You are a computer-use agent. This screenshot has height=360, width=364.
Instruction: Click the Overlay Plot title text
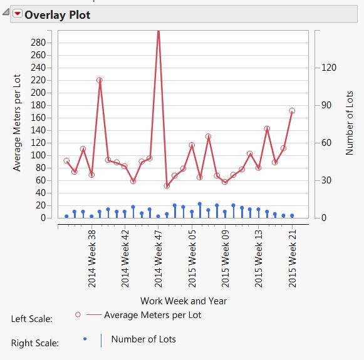[57, 15]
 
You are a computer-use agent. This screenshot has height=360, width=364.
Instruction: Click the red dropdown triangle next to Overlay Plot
[17, 15]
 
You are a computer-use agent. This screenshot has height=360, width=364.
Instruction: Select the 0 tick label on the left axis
[44, 218]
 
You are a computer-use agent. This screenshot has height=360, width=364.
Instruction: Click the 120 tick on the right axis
[328, 68]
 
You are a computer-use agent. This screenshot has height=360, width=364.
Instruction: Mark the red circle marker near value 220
[100, 80]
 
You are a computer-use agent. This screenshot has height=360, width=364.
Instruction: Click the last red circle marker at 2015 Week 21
[292, 111]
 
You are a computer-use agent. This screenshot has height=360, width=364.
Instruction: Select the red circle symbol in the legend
[78, 315]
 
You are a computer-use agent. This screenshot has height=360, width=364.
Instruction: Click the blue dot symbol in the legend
[85, 339]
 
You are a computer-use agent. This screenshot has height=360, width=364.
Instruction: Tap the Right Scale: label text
[35, 343]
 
